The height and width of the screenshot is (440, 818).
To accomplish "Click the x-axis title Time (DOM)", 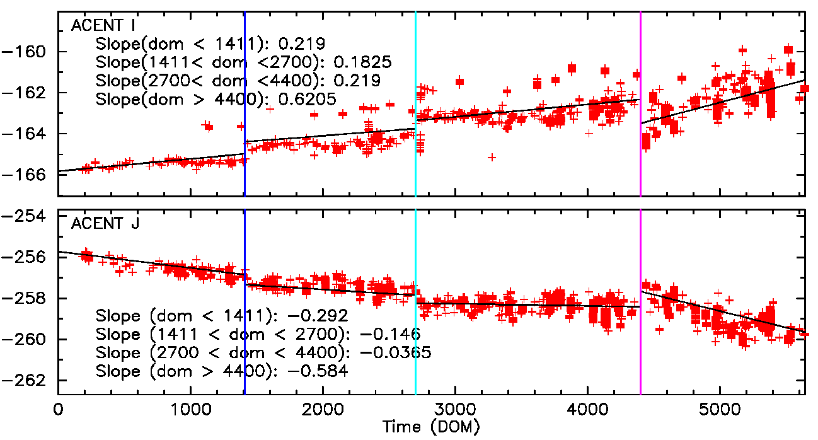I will coord(431,427).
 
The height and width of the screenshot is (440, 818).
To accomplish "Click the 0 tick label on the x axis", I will coord(58,409).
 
